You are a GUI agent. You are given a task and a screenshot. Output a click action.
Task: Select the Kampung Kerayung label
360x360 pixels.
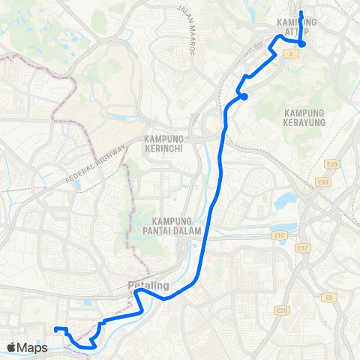[x=306, y=116]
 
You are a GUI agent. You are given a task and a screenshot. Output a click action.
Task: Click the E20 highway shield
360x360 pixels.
[x=282, y=309]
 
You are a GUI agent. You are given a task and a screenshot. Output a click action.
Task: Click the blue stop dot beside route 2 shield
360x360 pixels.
[x=301, y=43]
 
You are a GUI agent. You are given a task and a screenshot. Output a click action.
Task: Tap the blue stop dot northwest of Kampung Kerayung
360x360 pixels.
[x=244, y=95]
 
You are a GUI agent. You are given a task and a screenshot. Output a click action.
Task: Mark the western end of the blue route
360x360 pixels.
[x=55, y=328]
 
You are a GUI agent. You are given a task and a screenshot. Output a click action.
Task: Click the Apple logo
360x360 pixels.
[x=12, y=347]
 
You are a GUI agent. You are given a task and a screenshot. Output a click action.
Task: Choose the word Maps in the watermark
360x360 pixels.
[x=34, y=347]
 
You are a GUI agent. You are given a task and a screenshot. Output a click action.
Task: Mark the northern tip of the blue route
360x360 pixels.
[x=301, y=12]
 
